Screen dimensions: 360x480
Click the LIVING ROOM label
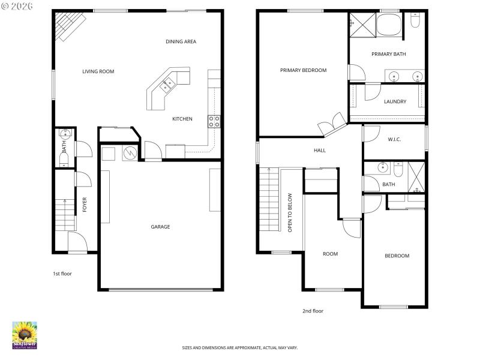[98, 71]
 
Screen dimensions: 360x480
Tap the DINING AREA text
[181, 41]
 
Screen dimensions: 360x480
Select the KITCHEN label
[182, 119]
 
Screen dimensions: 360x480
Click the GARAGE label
[160, 227]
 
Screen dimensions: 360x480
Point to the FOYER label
[85, 205]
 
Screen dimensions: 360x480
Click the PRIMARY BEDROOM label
[303, 70]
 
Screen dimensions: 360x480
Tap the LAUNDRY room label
[395, 101]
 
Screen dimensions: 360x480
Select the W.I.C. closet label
[394, 140]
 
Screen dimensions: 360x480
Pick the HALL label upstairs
[320, 150]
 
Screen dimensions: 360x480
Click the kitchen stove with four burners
[214, 122]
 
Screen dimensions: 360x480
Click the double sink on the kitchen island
[166, 85]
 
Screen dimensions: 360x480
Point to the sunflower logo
[25, 335]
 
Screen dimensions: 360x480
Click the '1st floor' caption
[62, 274]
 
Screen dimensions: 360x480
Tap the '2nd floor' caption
[313, 311]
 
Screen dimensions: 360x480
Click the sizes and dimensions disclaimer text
[240, 347]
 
